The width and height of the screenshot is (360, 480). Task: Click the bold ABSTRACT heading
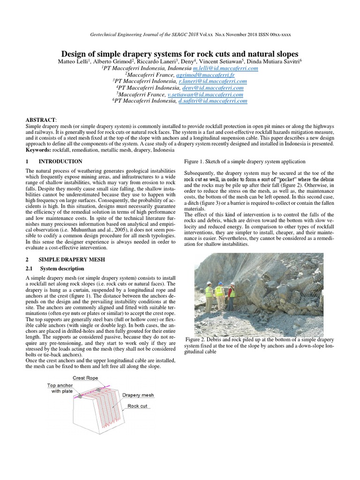tap(40, 120)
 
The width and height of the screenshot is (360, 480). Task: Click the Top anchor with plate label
tap(60, 387)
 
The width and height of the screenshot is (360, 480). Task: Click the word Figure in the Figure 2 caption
tap(195, 339)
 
